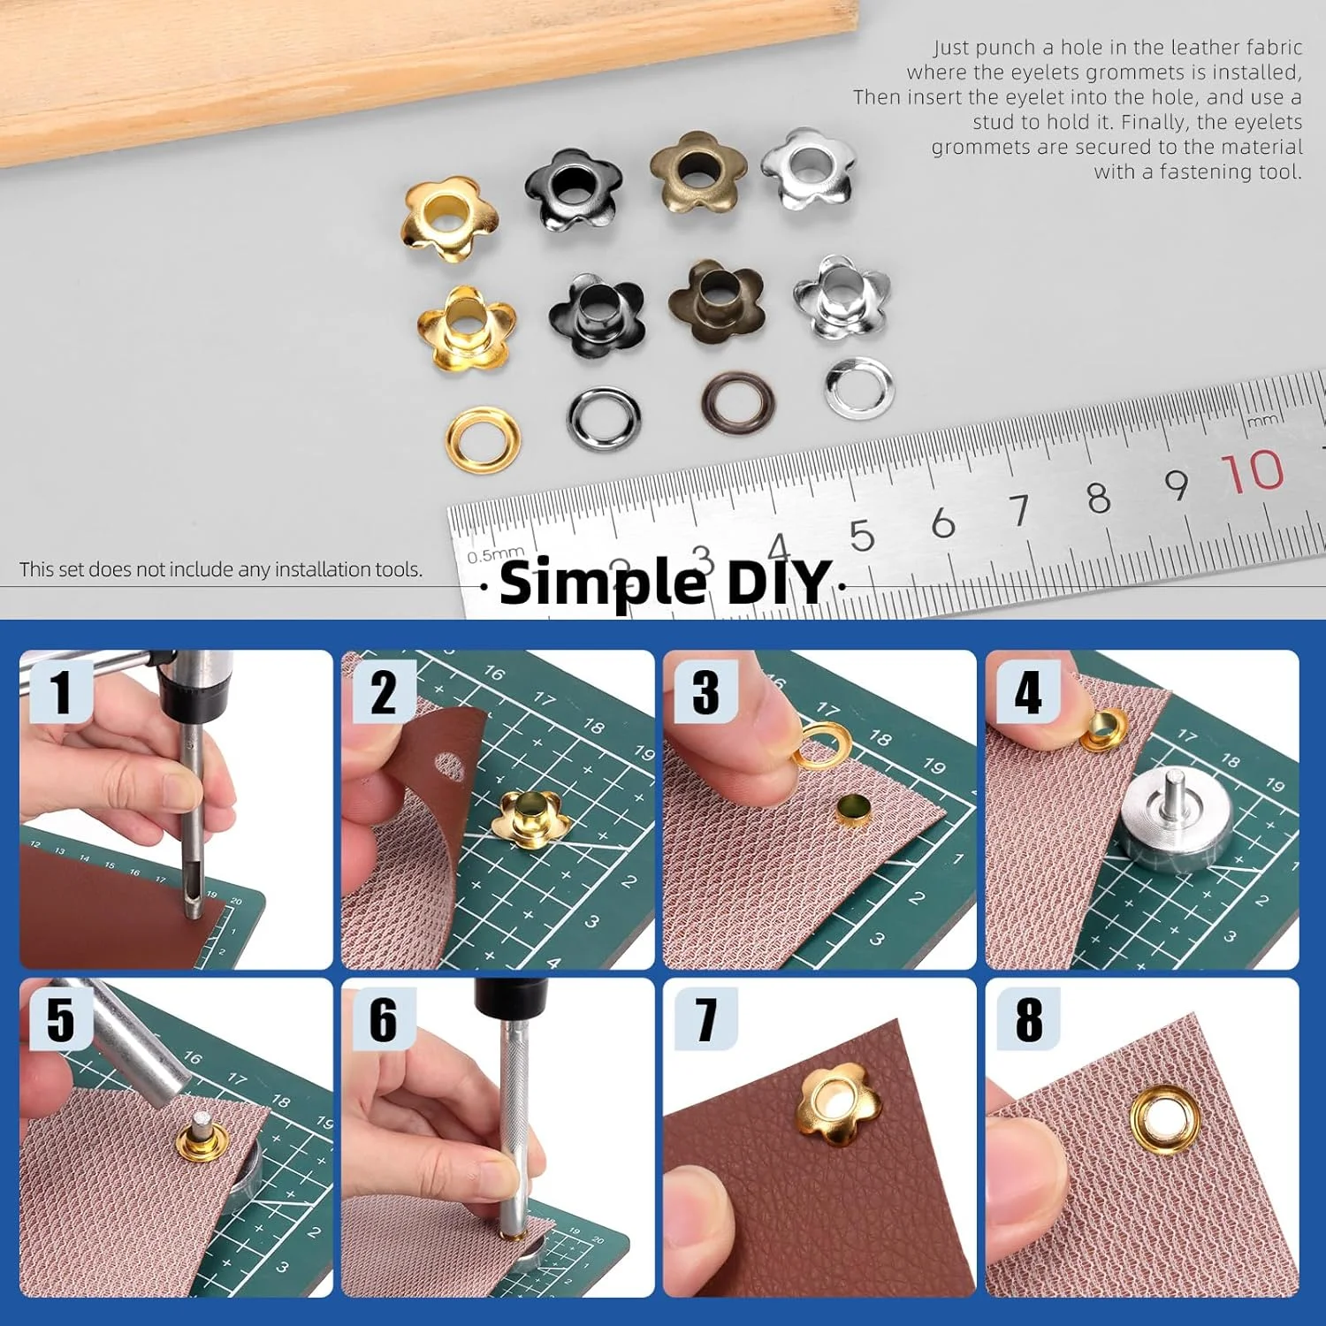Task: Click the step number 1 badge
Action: [60, 691]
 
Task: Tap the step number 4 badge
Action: [1028, 691]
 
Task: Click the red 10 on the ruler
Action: [1253, 470]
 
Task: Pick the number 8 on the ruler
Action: [1098, 498]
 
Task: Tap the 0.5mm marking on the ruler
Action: [495, 555]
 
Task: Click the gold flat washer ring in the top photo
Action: [483, 439]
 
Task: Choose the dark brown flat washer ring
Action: [737, 401]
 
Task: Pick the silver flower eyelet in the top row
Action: [809, 168]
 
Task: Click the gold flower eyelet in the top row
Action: [449, 217]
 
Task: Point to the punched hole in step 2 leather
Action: [449, 767]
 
